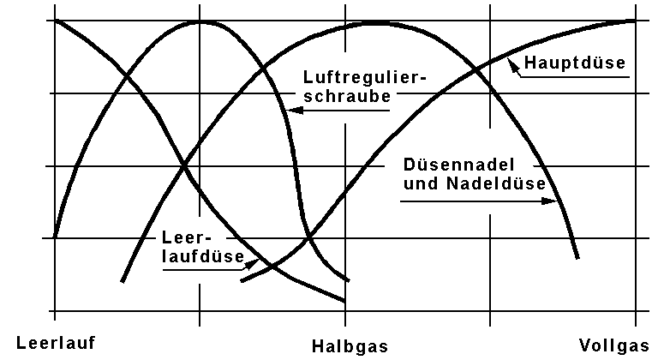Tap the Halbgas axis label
tap(349, 346)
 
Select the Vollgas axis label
tap(613, 346)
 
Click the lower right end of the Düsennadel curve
tap(578, 257)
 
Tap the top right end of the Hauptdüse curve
tap(635, 21)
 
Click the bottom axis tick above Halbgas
tap(345, 310)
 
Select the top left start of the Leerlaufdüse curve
tap(56, 20)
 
